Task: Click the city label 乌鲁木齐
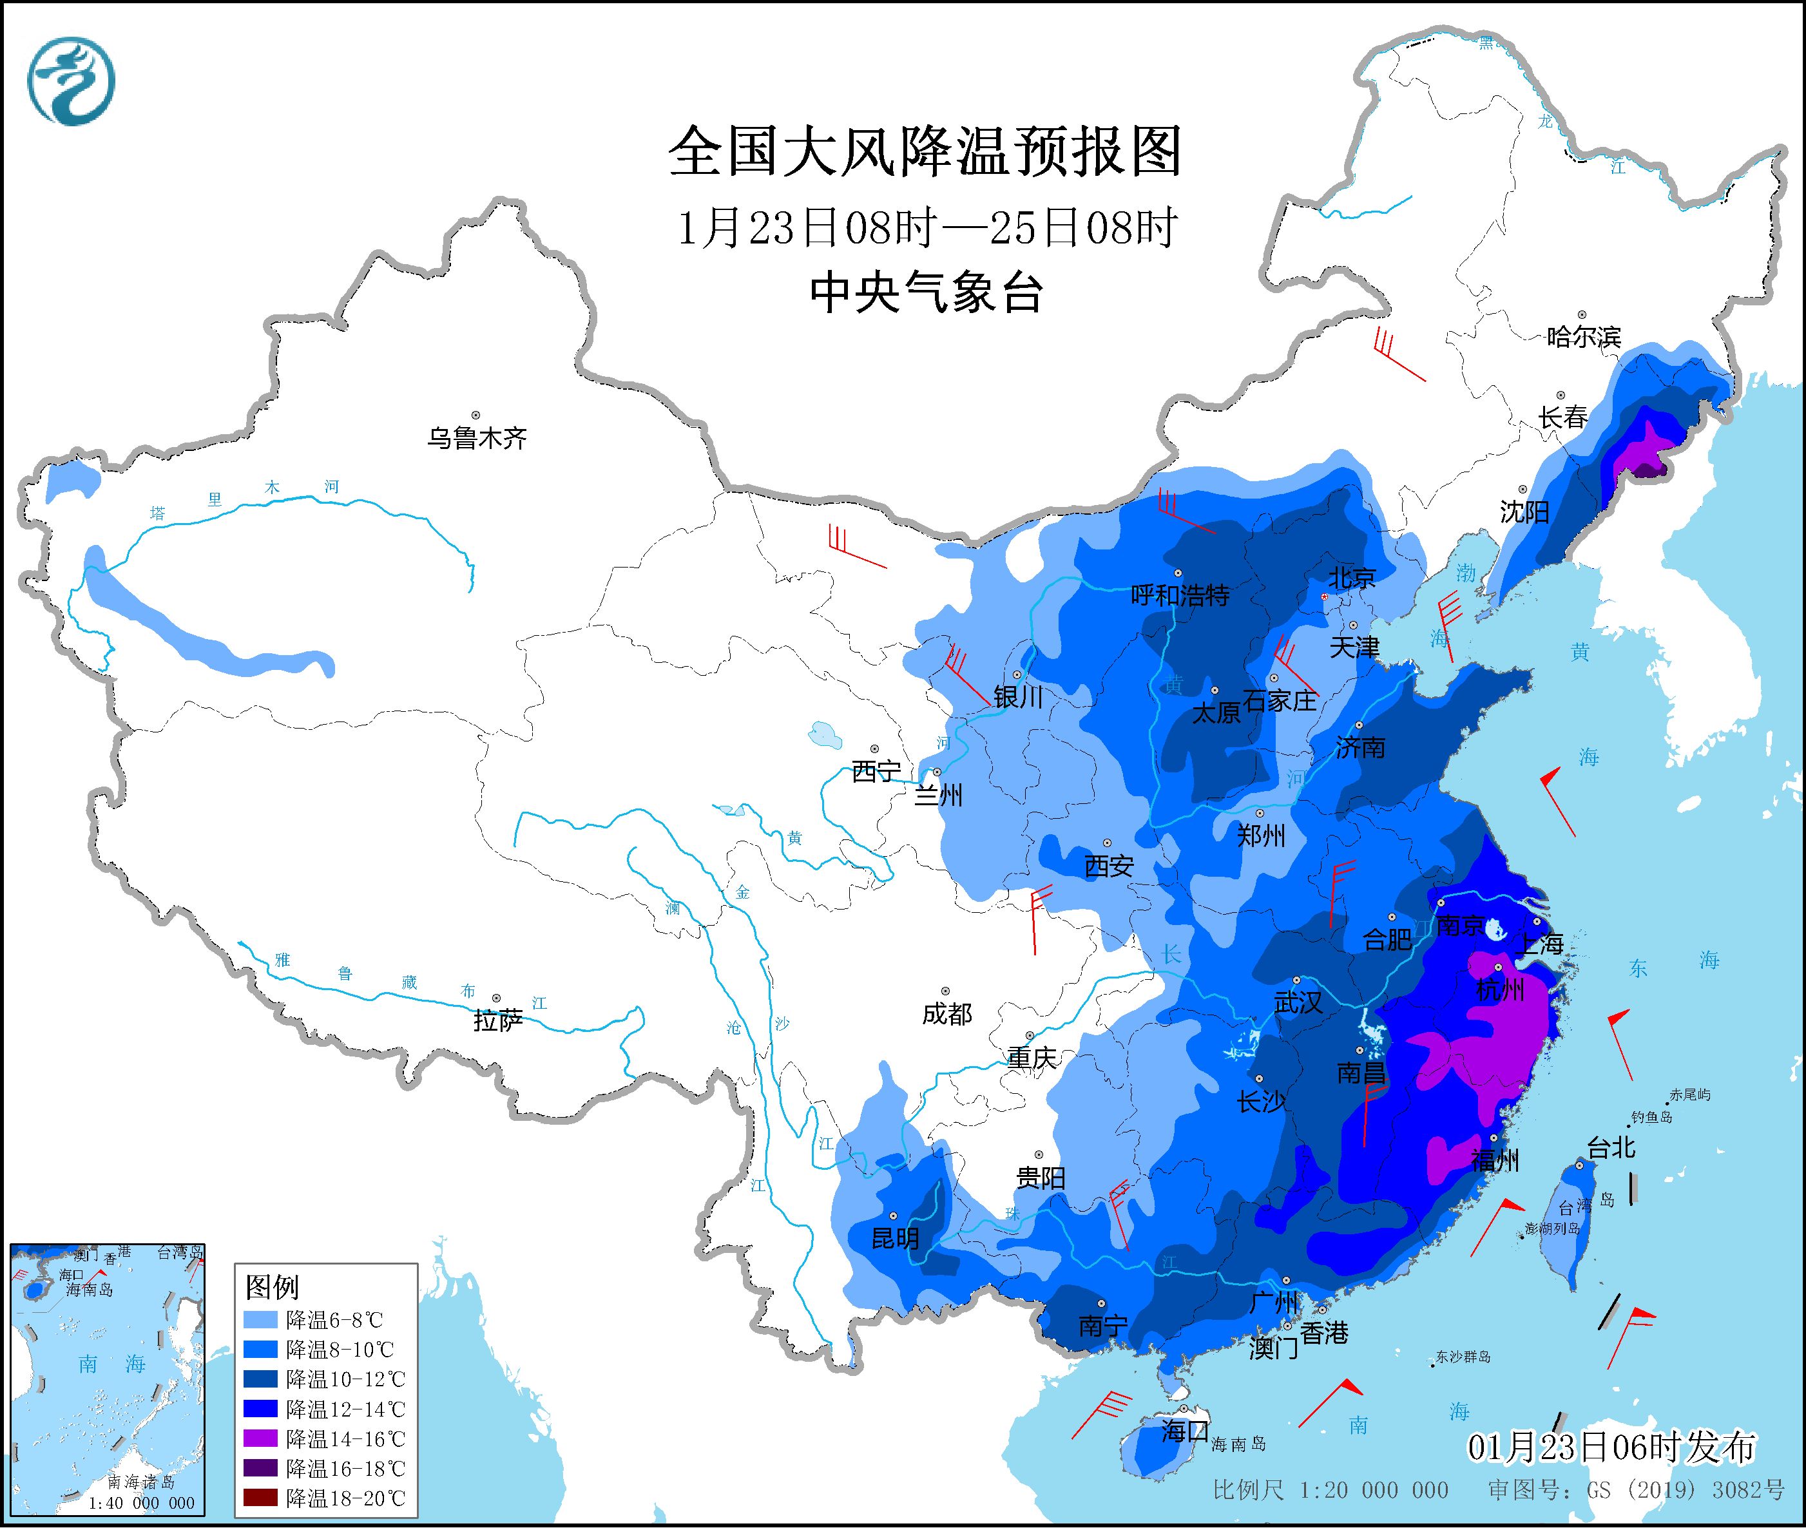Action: click(x=476, y=438)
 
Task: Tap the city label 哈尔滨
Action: click(x=1583, y=337)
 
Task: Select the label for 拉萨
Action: click(x=498, y=1020)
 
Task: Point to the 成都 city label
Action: click(x=946, y=1013)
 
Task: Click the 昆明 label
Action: click(x=895, y=1239)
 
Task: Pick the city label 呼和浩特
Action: click(x=1180, y=595)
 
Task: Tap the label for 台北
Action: click(x=1610, y=1149)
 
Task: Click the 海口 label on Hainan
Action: click(x=1184, y=1431)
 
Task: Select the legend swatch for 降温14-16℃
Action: click(x=262, y=1438)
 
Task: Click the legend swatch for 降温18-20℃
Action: click(x=262, y=1498)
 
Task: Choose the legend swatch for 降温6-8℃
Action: click(x=262, y=1320)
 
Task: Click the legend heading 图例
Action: click(x=273, y=1287)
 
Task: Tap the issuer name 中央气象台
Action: click(x=925, y=292)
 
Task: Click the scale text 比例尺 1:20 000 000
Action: click(x=1330, y=1490)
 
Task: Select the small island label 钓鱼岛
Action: click(x=1651, y=1118)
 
